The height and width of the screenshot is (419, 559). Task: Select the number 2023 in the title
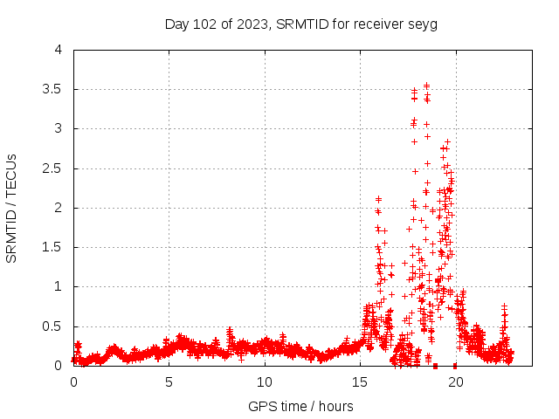pyautogui.click(x=252, y=24)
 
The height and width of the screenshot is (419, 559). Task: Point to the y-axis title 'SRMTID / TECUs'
pyautogui.click(x=11, y=208)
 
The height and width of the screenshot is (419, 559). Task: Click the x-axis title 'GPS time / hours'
pyautogui.click(x=300, y=406)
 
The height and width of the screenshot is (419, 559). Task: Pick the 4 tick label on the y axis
pyautogui.click(x=58, y=50)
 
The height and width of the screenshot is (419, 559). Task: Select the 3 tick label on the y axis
pyautogui.click(x=58, y=128)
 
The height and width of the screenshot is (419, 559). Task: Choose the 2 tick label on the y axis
pyautogui.click(x=58, y=208)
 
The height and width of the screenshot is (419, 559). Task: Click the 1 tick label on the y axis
pyautogui.click(x=58, y=286)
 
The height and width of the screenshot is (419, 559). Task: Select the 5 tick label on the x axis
pyautogui.click(x=169, y=382)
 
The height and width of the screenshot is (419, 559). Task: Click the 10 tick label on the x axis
pyautogui.click(x=264, y=382)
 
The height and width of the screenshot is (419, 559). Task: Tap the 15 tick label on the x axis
pyautogui.click(x=359, y=382)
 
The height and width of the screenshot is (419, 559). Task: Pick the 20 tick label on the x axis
pyautogui.click(x=454, y=382)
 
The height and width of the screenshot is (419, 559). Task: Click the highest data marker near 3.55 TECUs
pyautogui.click(x=426, y=86)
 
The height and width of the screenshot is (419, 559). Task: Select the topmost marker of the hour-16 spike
pyautogui.click(x=378, y=199)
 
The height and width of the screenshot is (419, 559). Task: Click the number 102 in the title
pyautogui.click(x=207, y=24)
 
